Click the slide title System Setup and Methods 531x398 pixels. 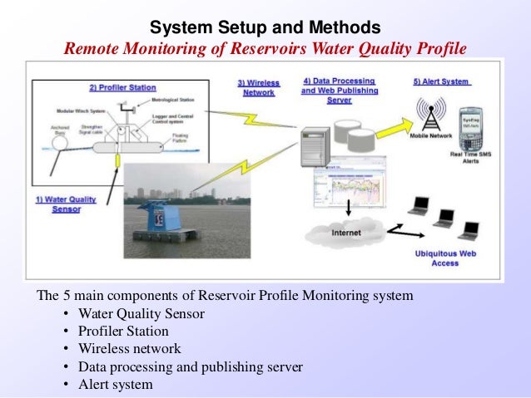[x=265, y=27]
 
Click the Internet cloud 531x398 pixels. [x=346, y=233]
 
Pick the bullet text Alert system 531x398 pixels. [x=116, y=384]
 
